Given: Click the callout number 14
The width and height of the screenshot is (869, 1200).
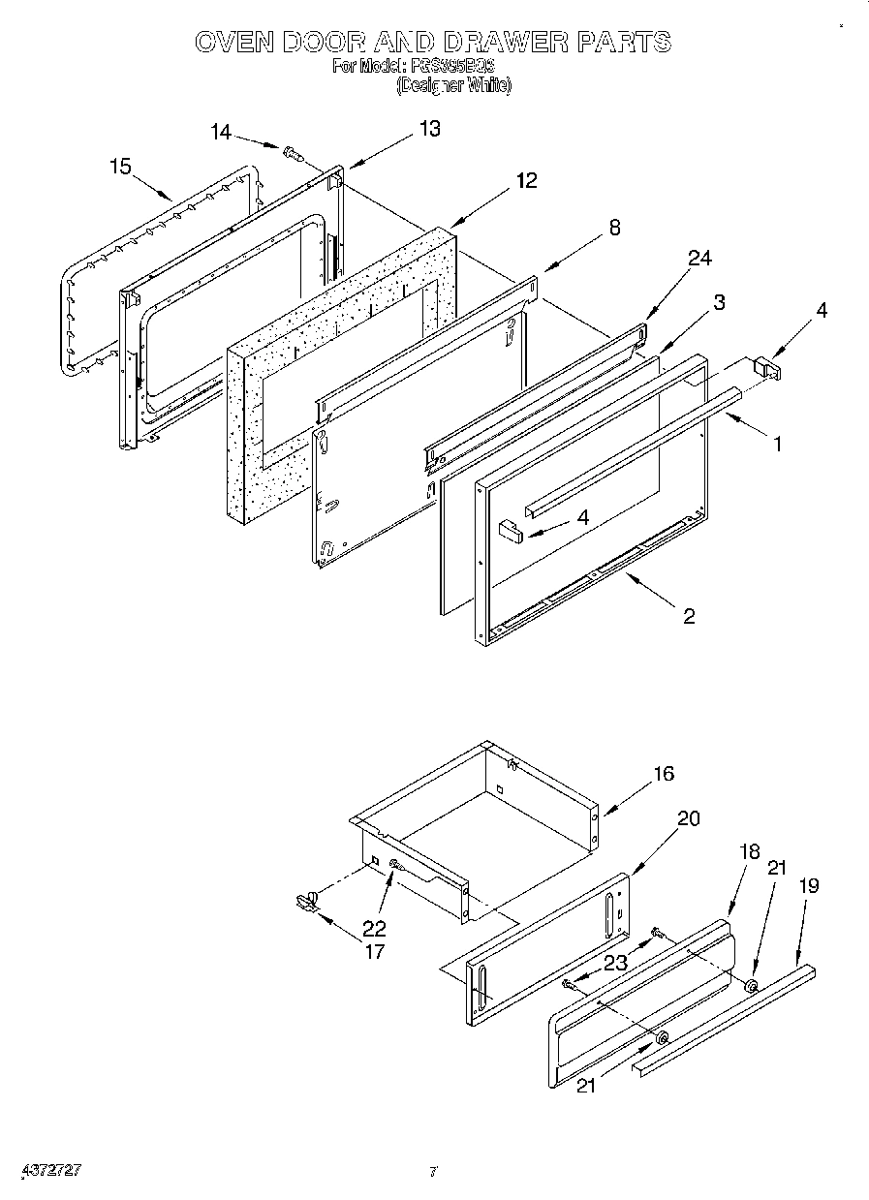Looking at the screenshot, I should tap(221, 133).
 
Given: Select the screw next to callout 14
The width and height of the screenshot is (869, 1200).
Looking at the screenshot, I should tap(292, 152).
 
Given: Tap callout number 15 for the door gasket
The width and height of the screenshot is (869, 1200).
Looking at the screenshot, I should tap(119, 167).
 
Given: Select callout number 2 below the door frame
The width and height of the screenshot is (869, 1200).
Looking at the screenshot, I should tap(688, 616).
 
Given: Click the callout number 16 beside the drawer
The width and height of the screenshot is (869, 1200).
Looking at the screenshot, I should tap(664, 774).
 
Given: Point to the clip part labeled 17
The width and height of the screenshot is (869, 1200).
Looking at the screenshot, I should tap(306, 903).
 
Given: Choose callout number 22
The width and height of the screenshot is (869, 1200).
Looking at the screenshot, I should tap(374, 927).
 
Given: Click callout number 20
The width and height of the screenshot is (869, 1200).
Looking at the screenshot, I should tap(688, 817).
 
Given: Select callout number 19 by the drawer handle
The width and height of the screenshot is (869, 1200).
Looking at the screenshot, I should tap(810, 884).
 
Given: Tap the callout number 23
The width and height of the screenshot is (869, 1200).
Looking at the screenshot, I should tap(615, 963).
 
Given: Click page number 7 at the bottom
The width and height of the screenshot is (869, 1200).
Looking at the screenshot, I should tap(435, 1172).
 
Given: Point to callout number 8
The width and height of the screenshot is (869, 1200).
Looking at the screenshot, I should tap(614, 228).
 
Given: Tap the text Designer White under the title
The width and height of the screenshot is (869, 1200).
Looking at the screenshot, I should tap(453, 85).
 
